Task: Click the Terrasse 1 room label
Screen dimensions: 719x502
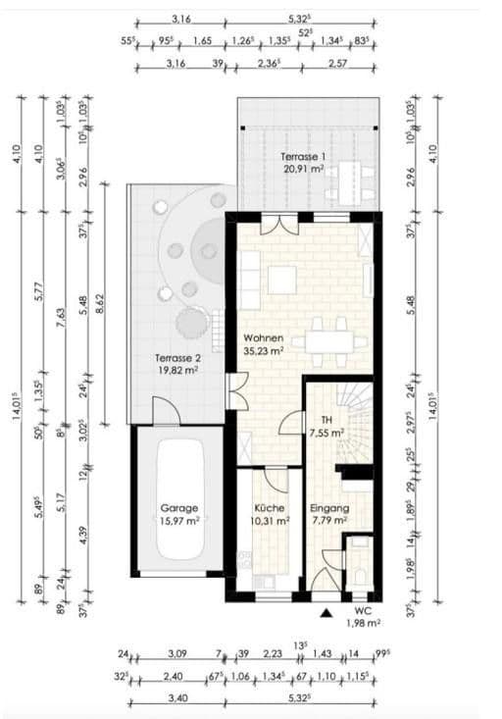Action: (x=303, y=157)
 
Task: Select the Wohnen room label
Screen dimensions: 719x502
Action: (x=264, y=337)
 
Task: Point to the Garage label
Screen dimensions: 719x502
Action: (x=180, y=508)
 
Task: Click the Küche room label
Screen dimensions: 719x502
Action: (x=270, y=508)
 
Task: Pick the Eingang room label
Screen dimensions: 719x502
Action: (x=329, y=508)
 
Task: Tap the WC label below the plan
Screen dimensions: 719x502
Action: (x=363, y=609)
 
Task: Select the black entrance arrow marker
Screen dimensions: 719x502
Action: (x=325, y=613)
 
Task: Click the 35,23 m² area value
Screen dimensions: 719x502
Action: (x=264, y=349)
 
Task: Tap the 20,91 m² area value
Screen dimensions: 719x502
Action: (x=303, y=169)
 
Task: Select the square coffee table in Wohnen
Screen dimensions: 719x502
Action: (x=282, y=280)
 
